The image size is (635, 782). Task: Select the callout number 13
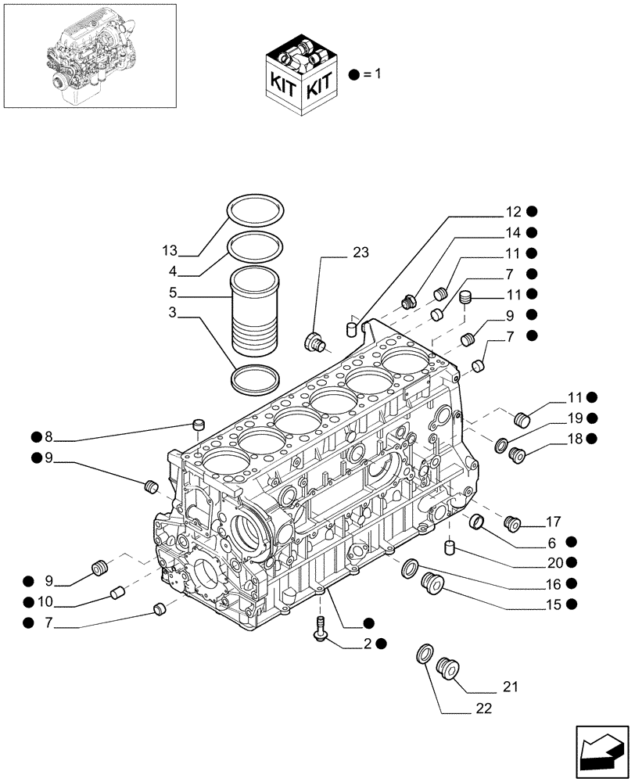tap(170, 251)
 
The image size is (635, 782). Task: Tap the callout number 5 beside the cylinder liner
tap(172, 294)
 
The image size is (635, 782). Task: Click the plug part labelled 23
tap(315, 342)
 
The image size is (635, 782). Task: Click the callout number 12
tap(512, 211)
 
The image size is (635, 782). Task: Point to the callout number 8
tap(48, 436)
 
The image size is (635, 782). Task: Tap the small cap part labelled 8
tap(198, 425)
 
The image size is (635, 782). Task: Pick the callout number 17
tap(554, 521)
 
